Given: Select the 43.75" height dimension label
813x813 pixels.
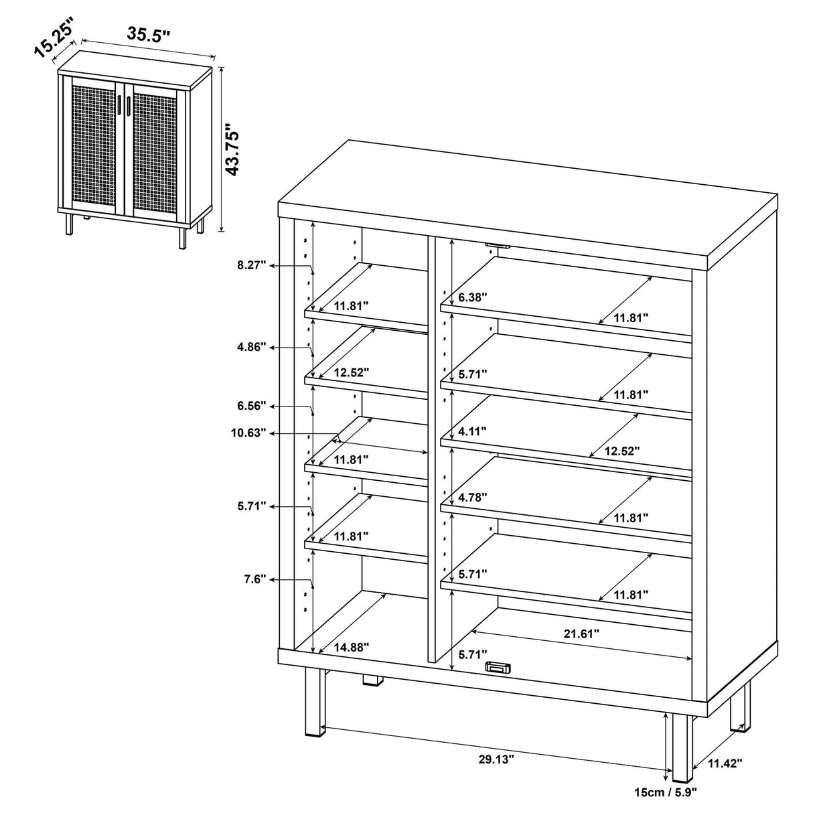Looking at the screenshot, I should coord(232,149).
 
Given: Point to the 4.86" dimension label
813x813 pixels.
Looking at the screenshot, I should coord(252,347).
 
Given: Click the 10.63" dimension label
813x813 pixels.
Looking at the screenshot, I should coord(250,433).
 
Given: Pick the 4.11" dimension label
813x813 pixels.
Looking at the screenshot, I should coord(473,431).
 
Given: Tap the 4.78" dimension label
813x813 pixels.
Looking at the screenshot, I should coord(473,497).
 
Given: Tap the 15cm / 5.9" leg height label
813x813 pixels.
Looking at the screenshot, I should coord(666,792).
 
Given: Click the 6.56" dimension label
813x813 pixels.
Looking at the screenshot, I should coord(252,406).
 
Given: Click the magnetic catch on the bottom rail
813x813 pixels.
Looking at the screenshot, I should coord(498,667).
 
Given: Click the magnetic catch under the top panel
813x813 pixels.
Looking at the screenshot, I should coord(498,246).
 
